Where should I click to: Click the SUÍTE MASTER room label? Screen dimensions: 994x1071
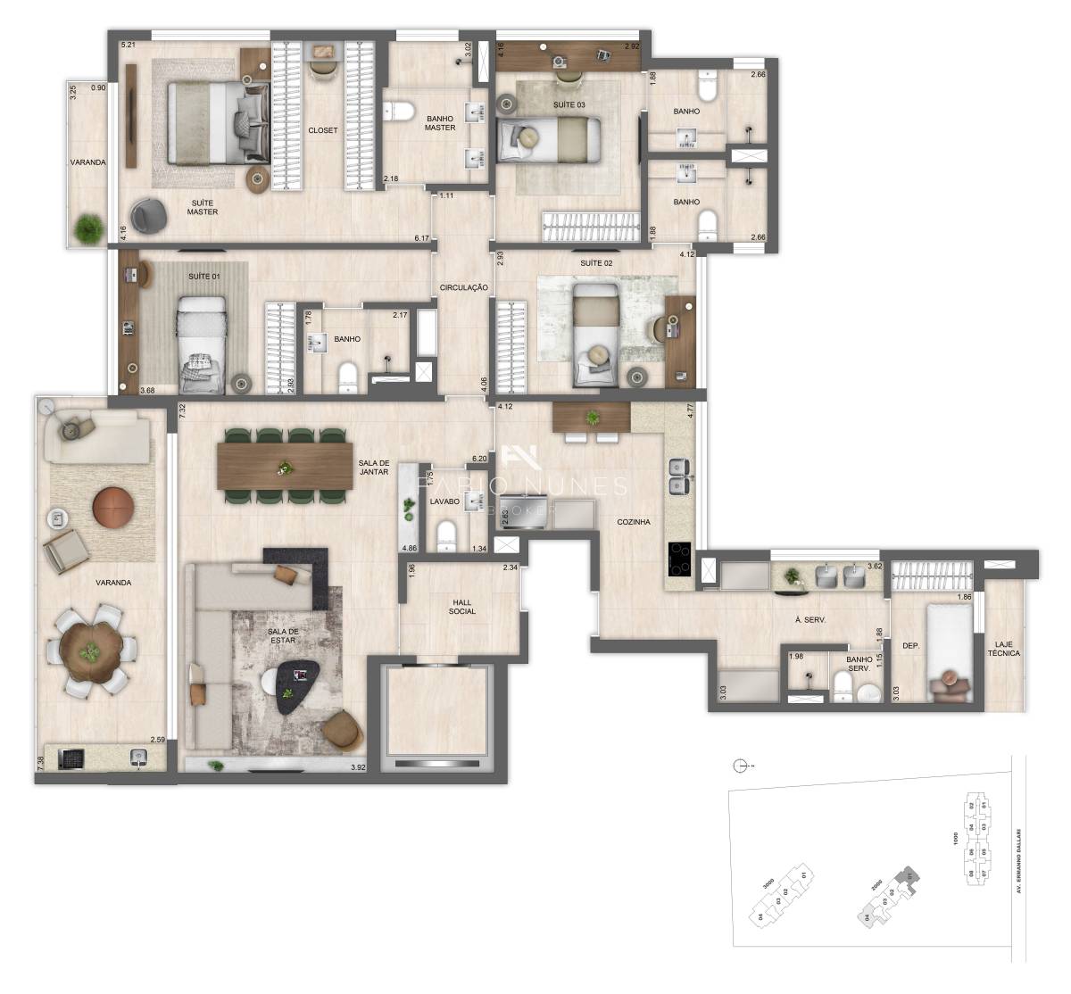(x=202, y=207)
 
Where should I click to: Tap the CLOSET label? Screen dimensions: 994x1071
(x=323, y=130)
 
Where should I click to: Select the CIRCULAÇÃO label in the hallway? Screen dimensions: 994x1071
(x=463, y=287)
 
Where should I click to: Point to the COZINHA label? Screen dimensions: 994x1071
(x=633, y=522)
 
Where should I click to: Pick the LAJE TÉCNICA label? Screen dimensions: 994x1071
(x=1005, y=648)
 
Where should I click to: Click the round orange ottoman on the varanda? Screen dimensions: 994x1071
(x=113, y=506)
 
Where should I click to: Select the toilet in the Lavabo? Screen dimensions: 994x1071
(x=445, y=536)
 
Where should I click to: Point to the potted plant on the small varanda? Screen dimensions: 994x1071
(x=87, y=228)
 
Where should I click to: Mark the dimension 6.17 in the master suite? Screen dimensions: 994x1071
(x=421, y=238)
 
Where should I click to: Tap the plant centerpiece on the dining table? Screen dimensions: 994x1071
(x=285, y=466)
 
